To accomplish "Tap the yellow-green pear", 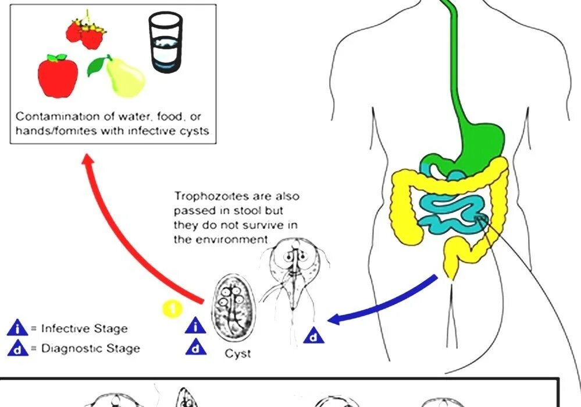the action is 124,78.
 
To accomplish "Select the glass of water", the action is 165,43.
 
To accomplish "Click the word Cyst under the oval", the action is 238,353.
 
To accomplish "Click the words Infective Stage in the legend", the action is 84,328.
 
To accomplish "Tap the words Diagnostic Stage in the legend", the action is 90,349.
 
